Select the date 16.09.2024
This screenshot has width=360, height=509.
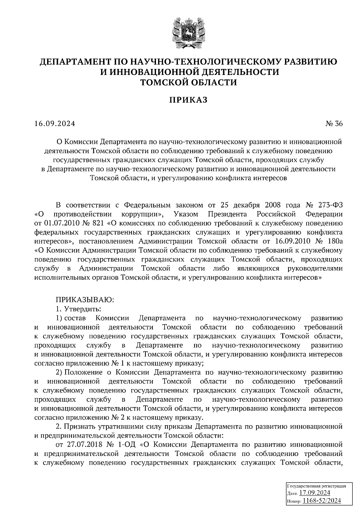[x=55, y=124]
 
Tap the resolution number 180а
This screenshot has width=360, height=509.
[x=334, y=241]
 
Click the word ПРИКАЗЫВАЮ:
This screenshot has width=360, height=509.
[x=84, y=299]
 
